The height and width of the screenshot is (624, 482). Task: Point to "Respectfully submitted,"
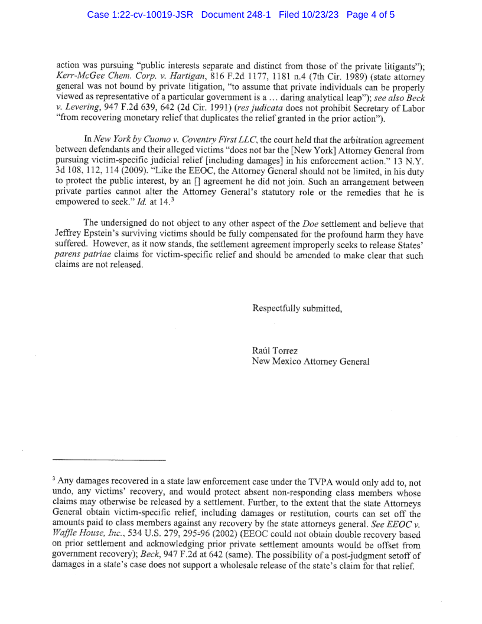point(297,308)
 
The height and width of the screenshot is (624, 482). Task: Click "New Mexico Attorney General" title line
point(311,362)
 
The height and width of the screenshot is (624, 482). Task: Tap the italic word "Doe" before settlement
point(311,223)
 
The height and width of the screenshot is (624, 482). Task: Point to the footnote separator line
point(109,460)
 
